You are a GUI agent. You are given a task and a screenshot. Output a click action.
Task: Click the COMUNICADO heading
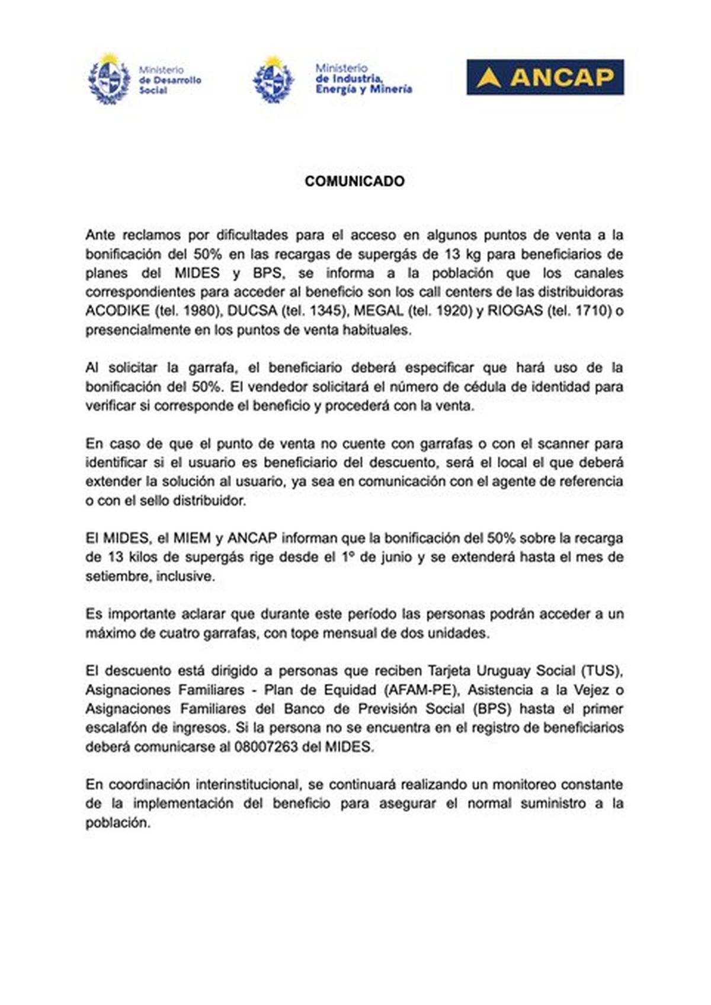(354, 181)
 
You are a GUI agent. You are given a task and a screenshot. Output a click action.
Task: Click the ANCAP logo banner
(545, 77)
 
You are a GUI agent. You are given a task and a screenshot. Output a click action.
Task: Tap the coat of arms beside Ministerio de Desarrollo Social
(108, 79)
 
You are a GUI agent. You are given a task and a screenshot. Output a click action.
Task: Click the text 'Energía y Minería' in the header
(364, 89)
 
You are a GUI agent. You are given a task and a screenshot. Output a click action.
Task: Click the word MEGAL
(379, 311)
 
